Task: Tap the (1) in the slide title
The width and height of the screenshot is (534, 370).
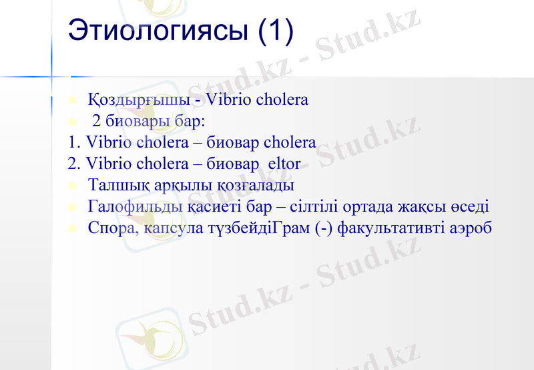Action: point(275,33)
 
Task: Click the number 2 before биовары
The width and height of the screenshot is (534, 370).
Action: point(97,122)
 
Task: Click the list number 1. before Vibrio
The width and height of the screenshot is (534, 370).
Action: point(75,143)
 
